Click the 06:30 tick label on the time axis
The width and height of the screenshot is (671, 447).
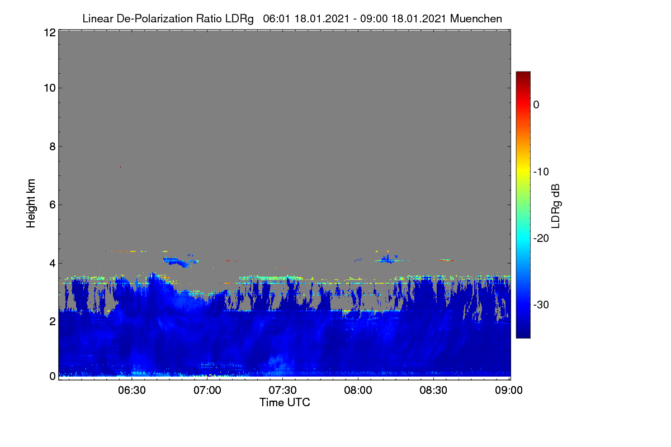pos(131,391)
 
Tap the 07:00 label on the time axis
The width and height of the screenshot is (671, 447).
pos(207,391)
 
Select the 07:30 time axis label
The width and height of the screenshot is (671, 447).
pos(282,391)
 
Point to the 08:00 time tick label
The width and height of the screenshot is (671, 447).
pos(358,391)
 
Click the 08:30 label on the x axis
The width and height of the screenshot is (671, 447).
pos(433,391)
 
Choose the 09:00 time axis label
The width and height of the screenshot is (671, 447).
pos(509,391)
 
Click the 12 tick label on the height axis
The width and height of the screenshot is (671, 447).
pos(50,32)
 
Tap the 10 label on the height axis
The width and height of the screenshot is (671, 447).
pos(50,88)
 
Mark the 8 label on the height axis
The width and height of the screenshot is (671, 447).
pos(53,146)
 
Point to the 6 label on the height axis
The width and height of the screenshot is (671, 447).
pos(53,205)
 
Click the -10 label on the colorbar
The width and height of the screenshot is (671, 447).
pos(541,172)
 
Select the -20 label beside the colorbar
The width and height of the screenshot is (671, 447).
pos(541,239)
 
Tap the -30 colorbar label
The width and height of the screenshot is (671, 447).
pos(541,305)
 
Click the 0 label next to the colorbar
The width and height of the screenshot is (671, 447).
pos(536,105)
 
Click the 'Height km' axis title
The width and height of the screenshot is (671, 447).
pos(31,203)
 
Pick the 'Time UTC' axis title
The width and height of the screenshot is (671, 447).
pos(285,402)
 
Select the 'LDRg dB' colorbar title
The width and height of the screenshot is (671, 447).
pos(555,206)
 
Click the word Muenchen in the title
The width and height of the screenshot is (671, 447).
pos(476,18)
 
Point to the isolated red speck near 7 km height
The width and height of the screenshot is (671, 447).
pos(120,167)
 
